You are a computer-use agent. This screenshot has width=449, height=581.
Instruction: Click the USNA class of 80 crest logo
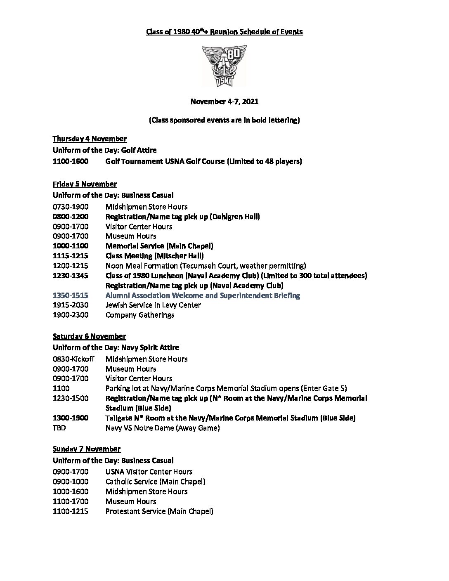224,66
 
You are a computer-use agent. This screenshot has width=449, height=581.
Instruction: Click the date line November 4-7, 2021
224,101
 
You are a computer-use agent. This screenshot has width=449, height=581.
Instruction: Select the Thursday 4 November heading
90,139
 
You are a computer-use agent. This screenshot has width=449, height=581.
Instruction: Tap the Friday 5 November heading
85,184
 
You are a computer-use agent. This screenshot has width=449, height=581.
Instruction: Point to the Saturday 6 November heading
89,336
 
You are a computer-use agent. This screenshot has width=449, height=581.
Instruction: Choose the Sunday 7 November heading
87,449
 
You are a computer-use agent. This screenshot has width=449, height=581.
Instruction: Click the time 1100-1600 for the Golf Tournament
70,161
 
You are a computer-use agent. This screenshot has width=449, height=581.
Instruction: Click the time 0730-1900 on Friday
70,207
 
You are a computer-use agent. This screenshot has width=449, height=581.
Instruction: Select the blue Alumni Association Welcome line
203,295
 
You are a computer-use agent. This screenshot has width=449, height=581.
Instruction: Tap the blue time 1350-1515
70,295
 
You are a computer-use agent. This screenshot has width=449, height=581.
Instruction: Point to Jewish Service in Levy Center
153,305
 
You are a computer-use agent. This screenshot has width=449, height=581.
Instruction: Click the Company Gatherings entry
140,315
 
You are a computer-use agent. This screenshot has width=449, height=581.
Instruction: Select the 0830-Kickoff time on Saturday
73,359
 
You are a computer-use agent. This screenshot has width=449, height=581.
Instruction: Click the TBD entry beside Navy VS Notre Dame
59,428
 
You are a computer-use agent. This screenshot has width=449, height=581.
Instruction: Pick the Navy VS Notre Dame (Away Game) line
163,428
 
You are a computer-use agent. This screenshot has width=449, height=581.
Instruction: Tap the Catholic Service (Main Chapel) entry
155,482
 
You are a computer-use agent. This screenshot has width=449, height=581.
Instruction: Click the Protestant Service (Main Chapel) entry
159,511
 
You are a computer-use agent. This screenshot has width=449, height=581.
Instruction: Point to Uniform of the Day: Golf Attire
104,150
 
